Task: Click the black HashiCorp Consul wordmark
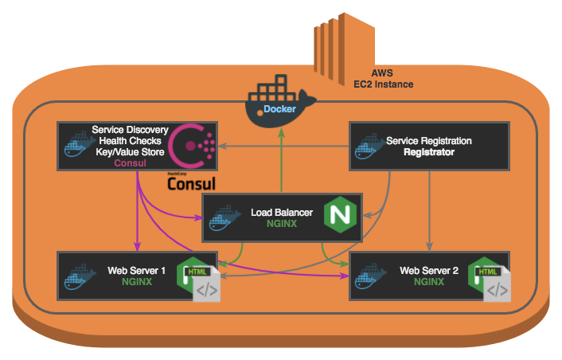click(192, 183)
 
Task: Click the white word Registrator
click(428, 152)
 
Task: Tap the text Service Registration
click(428, 141)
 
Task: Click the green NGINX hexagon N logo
click(341, 215)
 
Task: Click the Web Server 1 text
click(136, 271)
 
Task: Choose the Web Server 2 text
click(429, 271)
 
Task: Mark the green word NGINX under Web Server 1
click(137, 282)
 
